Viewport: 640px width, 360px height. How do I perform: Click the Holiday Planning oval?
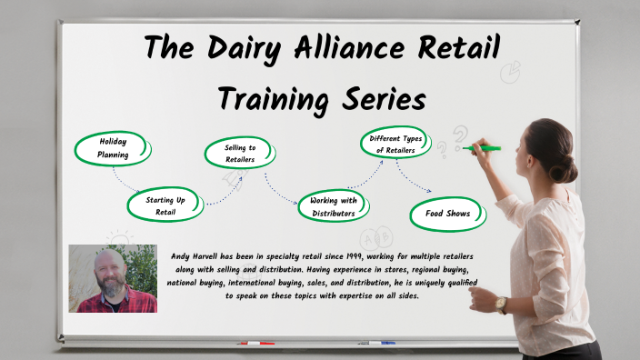tap(112, 148)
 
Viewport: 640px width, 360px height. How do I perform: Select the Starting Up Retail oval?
tap(165, 205)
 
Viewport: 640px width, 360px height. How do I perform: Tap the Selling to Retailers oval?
tap(240, 153)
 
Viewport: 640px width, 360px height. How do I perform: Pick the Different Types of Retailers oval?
tap(394, 144)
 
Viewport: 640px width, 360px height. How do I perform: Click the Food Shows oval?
tap(447, 213)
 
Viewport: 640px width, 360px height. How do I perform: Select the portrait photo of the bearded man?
tap(113, 278)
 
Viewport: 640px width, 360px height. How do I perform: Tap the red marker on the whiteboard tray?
tap(255, 344)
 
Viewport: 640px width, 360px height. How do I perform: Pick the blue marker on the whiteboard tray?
tap(375, 343)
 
